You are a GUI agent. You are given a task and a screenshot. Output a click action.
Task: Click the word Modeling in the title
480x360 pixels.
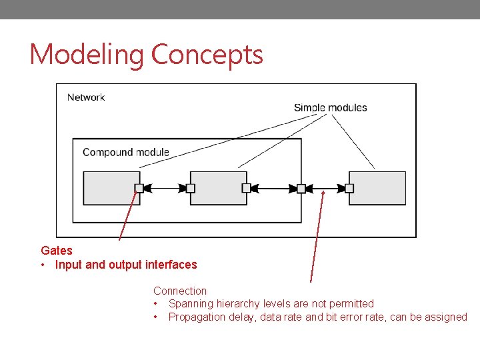(87, 55)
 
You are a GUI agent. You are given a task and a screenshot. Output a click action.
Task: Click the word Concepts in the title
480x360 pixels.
(207, 55)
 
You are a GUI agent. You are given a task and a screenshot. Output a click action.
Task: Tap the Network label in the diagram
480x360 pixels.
(86, 97)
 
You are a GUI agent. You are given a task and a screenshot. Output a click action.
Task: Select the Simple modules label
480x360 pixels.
(330, 107)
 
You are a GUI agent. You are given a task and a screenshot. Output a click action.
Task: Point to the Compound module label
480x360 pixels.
(126, 152)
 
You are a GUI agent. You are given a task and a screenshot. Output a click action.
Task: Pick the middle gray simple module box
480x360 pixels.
(219, 188)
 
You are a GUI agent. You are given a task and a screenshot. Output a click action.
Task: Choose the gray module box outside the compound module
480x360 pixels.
(378, 188)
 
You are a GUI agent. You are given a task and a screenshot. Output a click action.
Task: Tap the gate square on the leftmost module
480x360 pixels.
(139, 189)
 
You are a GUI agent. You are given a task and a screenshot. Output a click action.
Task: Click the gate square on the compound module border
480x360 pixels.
(301, 189)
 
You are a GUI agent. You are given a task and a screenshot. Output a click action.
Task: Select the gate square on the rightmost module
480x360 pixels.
(349, 189)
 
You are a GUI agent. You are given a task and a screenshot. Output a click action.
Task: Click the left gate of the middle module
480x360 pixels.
(191, 189)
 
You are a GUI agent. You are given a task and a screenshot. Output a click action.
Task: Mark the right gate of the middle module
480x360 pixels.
(246, 189)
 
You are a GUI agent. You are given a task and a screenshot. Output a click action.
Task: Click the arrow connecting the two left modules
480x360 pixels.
(165, 189)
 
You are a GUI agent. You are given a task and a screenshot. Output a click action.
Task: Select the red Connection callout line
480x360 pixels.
(317, 233)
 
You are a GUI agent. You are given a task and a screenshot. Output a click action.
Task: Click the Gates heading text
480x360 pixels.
(57, 251)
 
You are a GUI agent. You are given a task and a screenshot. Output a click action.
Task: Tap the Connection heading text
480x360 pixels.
(180, 291)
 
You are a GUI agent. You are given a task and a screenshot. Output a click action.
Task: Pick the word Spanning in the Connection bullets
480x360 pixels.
(191, 304)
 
